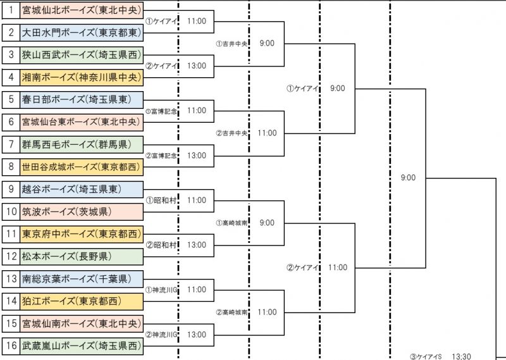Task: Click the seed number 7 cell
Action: (x=10, y=145)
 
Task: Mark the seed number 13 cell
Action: (x=10, y=278)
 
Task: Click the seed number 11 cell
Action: (x=10, y=233)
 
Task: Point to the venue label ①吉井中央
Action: (x=231, y=44)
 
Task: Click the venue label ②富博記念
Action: (x=163, y=155)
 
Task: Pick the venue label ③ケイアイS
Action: (x=425, y=356)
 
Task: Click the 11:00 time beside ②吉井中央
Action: (x=267, y=133)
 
